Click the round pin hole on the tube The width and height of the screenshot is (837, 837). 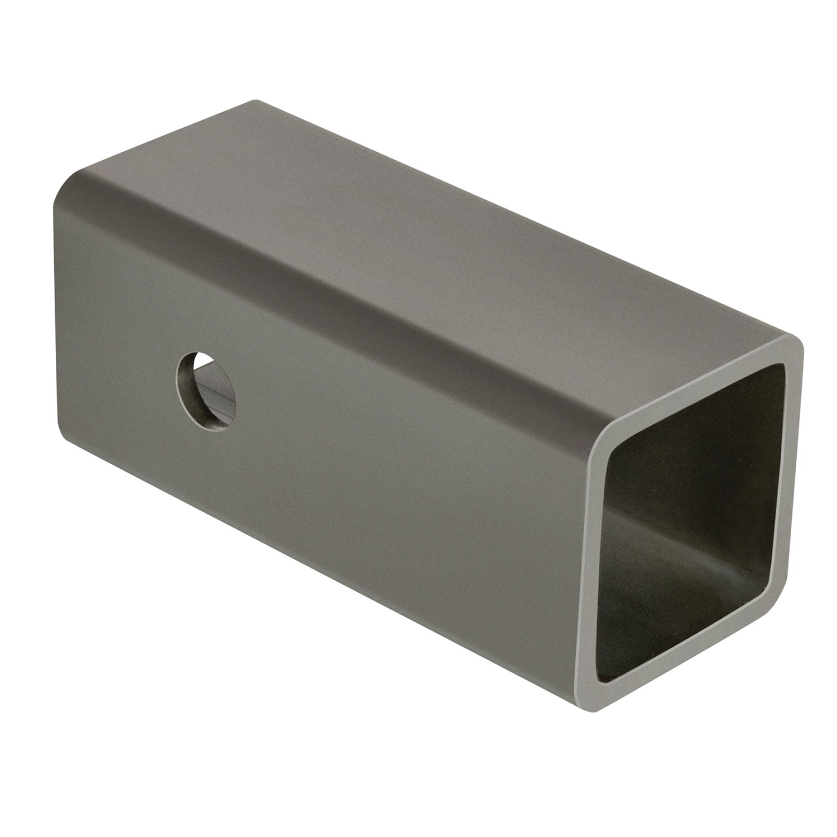206,391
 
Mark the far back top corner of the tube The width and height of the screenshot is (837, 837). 257,102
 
